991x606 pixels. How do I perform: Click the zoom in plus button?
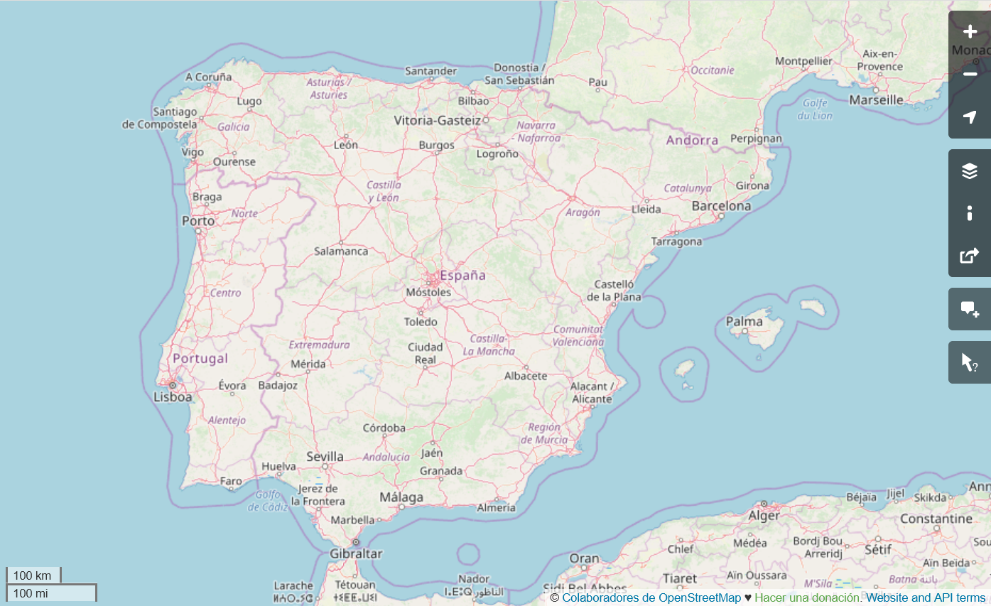[x=970, y=32]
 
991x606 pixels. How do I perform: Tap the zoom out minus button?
[x=970, y=75]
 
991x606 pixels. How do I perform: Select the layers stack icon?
[x=970, y=171]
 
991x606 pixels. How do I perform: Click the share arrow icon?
[x=970, y=256]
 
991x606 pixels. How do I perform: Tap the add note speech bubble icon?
[x=970, y=309]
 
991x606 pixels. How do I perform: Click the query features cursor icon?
[x=970, y=362]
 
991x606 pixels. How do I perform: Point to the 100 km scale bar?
[x=33, y=575]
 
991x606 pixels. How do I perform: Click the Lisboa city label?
[x=173, y=397]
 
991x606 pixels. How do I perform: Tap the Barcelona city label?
[x=721, y=206]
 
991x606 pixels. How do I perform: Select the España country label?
[x=462, y=275]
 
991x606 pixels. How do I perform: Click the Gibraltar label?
[x=356, y=553]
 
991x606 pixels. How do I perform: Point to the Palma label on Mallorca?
[x=744, y=322]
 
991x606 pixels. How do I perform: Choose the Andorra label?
[x=692, y=140]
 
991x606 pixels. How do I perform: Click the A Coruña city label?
[x=209, y=77]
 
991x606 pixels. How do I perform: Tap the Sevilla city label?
[x=325, y=457]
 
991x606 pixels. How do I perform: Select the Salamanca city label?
[x=341, y=251]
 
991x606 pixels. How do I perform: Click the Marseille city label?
[x=876, y=100]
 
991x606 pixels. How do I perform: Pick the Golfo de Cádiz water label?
[x=268, y=501]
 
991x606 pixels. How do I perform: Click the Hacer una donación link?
[x=808, y=597]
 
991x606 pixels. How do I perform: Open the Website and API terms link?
[x=926, y=597]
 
